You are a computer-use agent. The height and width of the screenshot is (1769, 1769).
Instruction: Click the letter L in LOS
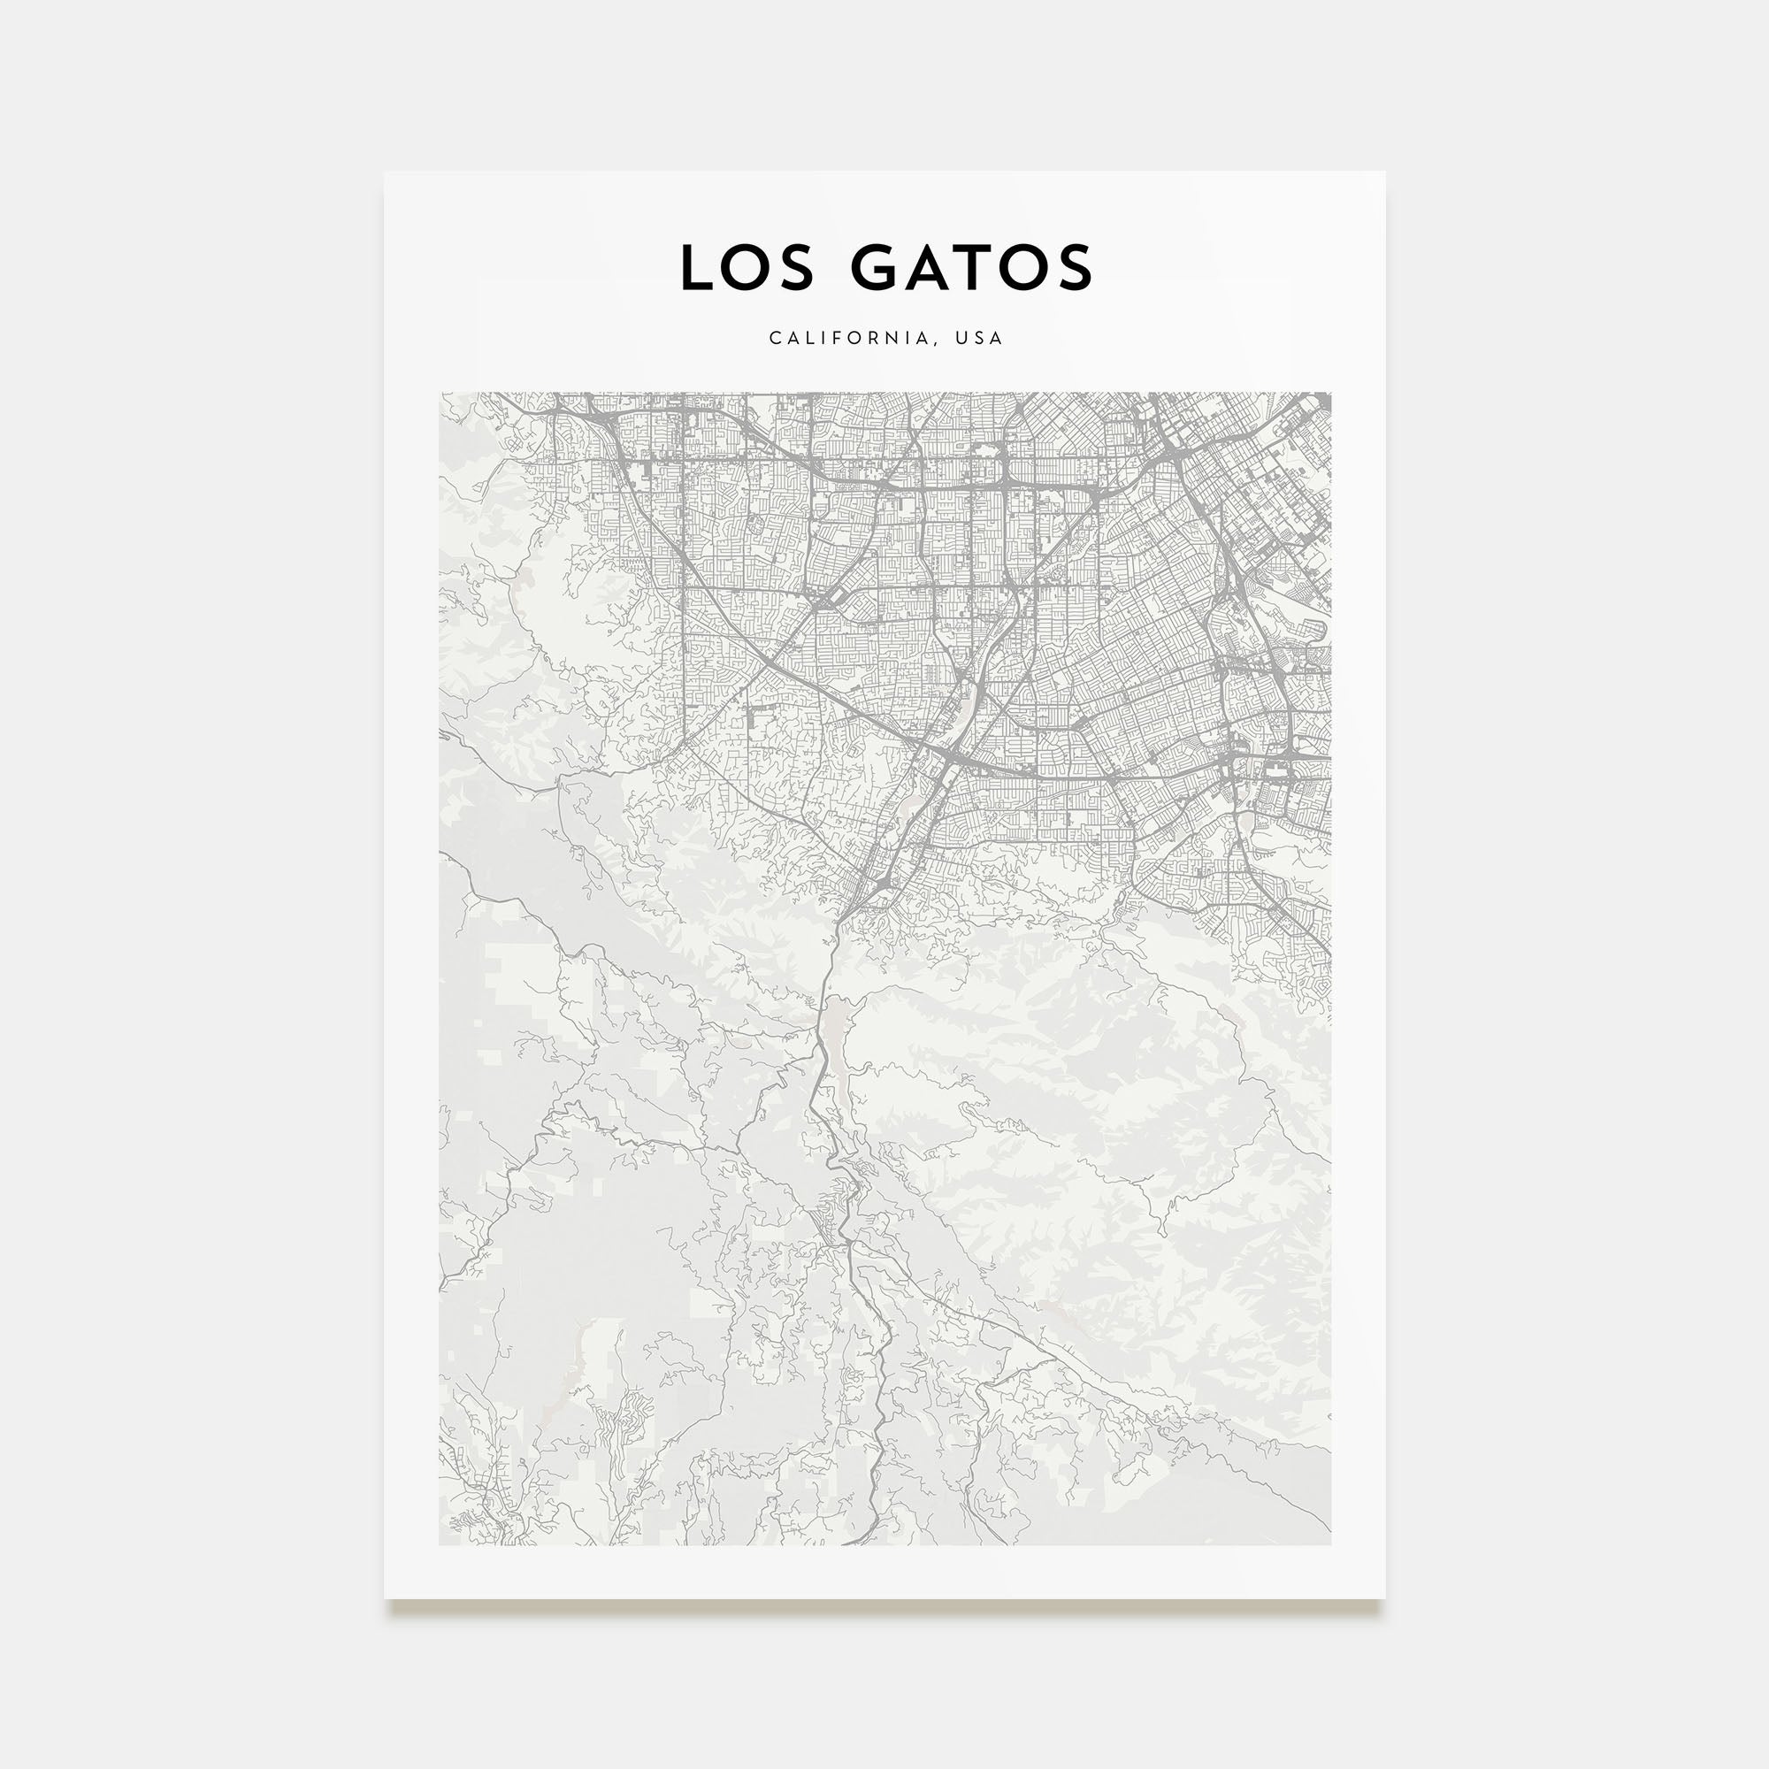(699, 268)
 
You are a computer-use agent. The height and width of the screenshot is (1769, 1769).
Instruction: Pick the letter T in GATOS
(976, 268)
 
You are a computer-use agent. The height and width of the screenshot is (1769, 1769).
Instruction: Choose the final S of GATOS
(1074, 268)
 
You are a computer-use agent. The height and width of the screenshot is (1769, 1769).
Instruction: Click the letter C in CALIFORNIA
(775, 338)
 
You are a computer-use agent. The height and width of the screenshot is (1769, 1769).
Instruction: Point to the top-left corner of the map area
(440, 393)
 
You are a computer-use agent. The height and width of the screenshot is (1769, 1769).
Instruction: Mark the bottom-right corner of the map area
(1330, 1544)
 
